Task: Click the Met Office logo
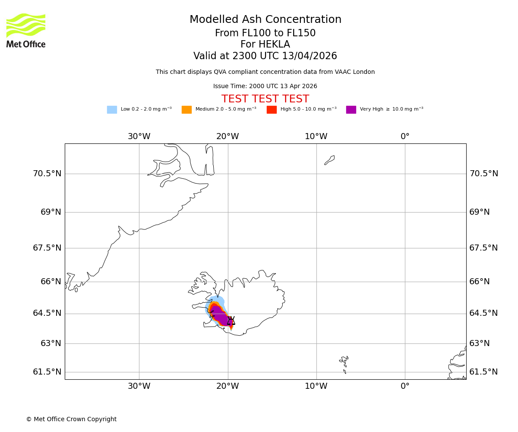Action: [26, 30]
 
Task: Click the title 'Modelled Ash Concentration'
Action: [265, 20]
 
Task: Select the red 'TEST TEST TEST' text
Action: [265, 99]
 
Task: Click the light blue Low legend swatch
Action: [112, 110]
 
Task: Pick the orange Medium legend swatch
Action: [186, 110]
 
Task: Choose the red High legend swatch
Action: [272, 110]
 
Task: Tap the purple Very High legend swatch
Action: [351, 110]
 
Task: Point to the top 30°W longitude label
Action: [139, 137]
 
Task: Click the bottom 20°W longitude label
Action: [227, 386]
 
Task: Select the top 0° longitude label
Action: [405, 137]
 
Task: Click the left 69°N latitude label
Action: [51, 212]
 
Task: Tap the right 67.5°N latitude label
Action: [483, 248]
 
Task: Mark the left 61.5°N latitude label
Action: [47, 372]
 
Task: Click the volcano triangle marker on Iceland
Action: [231, 321]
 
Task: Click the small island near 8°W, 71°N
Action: [329, 160]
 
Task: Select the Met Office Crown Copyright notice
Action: [71, 419]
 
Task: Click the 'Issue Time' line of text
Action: [265, 86]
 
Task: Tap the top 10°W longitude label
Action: [316, 137]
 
